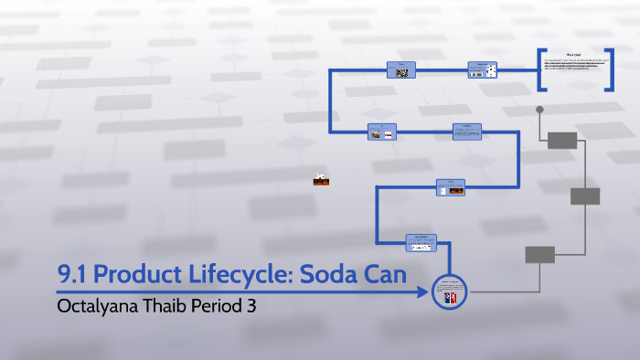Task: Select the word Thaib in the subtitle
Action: [167, 306]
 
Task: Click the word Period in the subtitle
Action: [219, 306]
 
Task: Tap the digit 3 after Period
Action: [251, 306]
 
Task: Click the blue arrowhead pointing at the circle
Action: [423, 292]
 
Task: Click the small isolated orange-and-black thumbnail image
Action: [321, 180]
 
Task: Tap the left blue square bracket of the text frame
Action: [542, 70]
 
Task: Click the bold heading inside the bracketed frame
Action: [577, 56]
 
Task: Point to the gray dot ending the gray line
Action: [539, 110]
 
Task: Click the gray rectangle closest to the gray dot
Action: [562, 140]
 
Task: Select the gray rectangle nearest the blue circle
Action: [539, 254]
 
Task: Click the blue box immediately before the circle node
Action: [421, 241]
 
